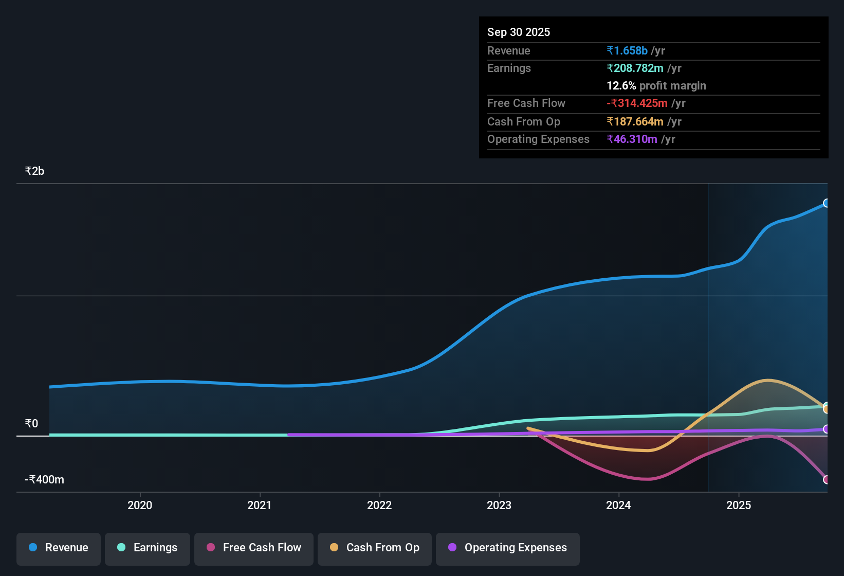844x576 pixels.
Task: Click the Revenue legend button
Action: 59,548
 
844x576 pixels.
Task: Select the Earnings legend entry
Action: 148,548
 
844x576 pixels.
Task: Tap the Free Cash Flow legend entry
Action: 254,548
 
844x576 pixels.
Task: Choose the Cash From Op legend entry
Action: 375,548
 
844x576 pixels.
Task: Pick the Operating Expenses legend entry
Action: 508,548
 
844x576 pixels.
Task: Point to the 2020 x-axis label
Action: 140,506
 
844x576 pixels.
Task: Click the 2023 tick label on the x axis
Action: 499,506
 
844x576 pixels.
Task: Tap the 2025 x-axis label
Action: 739,506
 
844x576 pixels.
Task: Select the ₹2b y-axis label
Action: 34,171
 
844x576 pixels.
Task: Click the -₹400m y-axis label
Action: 45,480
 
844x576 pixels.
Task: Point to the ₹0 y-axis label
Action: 31,424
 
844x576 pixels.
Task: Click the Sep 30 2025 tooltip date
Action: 519,32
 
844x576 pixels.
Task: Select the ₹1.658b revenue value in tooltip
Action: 627,51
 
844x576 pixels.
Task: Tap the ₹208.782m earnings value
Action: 635,68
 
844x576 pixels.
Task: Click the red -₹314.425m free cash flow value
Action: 637,103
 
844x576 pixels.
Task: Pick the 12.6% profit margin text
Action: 656,86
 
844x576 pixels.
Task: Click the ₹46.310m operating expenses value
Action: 632,139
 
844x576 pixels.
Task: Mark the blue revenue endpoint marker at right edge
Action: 827,203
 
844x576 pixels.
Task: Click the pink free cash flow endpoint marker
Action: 827,479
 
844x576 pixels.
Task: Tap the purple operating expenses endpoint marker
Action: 827,429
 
